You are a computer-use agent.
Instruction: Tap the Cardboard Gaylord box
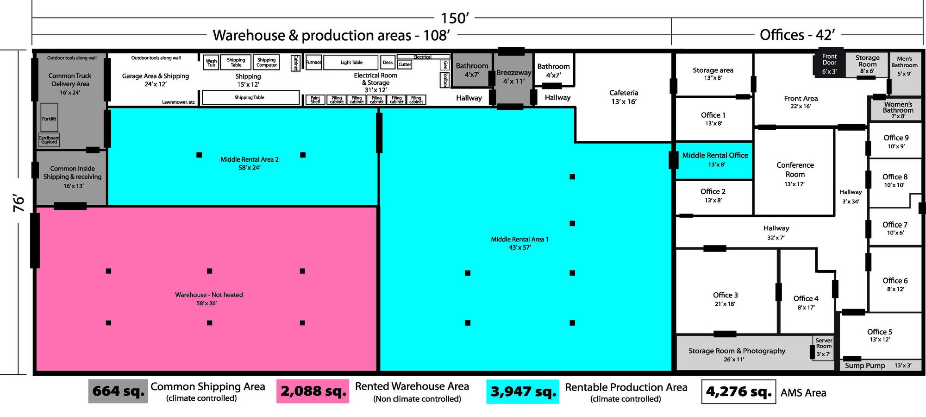click(x=49, y=140)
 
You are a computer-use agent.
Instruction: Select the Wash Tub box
click(x=211, y=63)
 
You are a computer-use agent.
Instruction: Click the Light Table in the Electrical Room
click(x=351, y=63)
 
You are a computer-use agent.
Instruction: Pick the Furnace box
click(x=313, y=63)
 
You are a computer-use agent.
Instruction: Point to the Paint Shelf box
click(x=315, y=100)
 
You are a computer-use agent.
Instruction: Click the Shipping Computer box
click(x=267, y=63)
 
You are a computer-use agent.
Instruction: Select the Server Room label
click(x=824, y=343)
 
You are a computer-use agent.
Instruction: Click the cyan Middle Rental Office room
click(x=714, y=160)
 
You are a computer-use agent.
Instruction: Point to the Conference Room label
click(x=795, y=170)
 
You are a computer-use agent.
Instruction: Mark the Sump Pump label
click(x=865, y=366)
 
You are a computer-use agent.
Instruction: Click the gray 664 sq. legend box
click(x=118, y=391)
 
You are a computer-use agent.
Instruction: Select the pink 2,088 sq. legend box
click(x=313, y=391)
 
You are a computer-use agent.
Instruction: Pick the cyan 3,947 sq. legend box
click(x=523, y=392)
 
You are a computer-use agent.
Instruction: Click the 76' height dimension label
click(x=19, y=203)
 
